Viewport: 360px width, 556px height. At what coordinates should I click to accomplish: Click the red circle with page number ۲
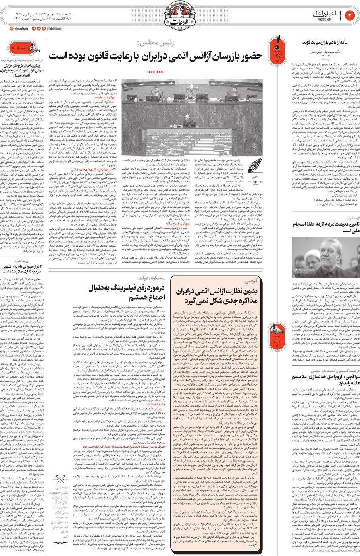pyautogui.click(x=350, y=15)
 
